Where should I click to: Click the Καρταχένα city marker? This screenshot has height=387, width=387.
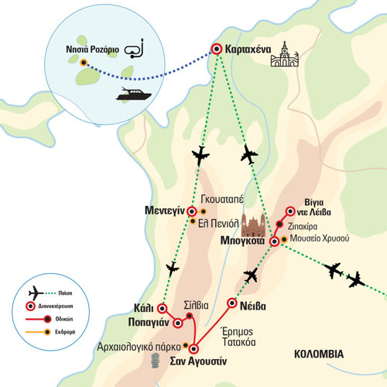click(217, 49)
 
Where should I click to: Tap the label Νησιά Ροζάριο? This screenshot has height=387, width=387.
click(92, 50)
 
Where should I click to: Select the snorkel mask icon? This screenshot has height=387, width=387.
click(134, 49)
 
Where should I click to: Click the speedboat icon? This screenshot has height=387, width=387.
click(134, 94)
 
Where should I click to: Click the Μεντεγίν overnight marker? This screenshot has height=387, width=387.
click(191, 211)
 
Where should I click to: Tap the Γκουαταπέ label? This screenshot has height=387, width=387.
click(222, 199)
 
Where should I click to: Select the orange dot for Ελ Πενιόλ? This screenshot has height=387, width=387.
click(193, 221)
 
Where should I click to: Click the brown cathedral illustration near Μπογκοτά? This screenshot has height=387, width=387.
click(253, 225)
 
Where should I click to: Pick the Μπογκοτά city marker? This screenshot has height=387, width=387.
click(275, 241)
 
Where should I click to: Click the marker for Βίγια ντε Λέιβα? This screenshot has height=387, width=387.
click(290, 211)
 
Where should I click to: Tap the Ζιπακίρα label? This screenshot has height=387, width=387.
click(303, 227)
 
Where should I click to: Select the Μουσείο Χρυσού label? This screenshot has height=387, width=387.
click(320, 238)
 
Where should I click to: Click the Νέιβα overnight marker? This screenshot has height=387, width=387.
click(232, 303)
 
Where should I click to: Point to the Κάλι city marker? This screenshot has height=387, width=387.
click(163, 308)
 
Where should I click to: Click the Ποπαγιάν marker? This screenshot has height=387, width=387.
click(178, 323)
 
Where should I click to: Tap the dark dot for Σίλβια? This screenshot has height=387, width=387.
click(190, 316)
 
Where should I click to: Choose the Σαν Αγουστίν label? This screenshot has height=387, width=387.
click(198, 361)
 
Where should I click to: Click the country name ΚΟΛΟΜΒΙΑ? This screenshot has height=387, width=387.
click(319, 354)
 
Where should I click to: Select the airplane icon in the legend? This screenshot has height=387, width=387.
click(36, 293)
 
